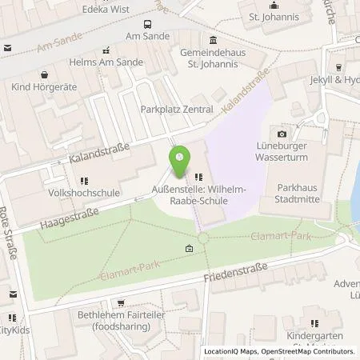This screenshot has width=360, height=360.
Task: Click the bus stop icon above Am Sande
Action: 147,25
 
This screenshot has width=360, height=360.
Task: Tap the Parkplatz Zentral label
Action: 176,109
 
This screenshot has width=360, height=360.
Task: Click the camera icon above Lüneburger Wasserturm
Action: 282,134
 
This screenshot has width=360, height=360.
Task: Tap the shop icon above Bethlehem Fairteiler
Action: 121,303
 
